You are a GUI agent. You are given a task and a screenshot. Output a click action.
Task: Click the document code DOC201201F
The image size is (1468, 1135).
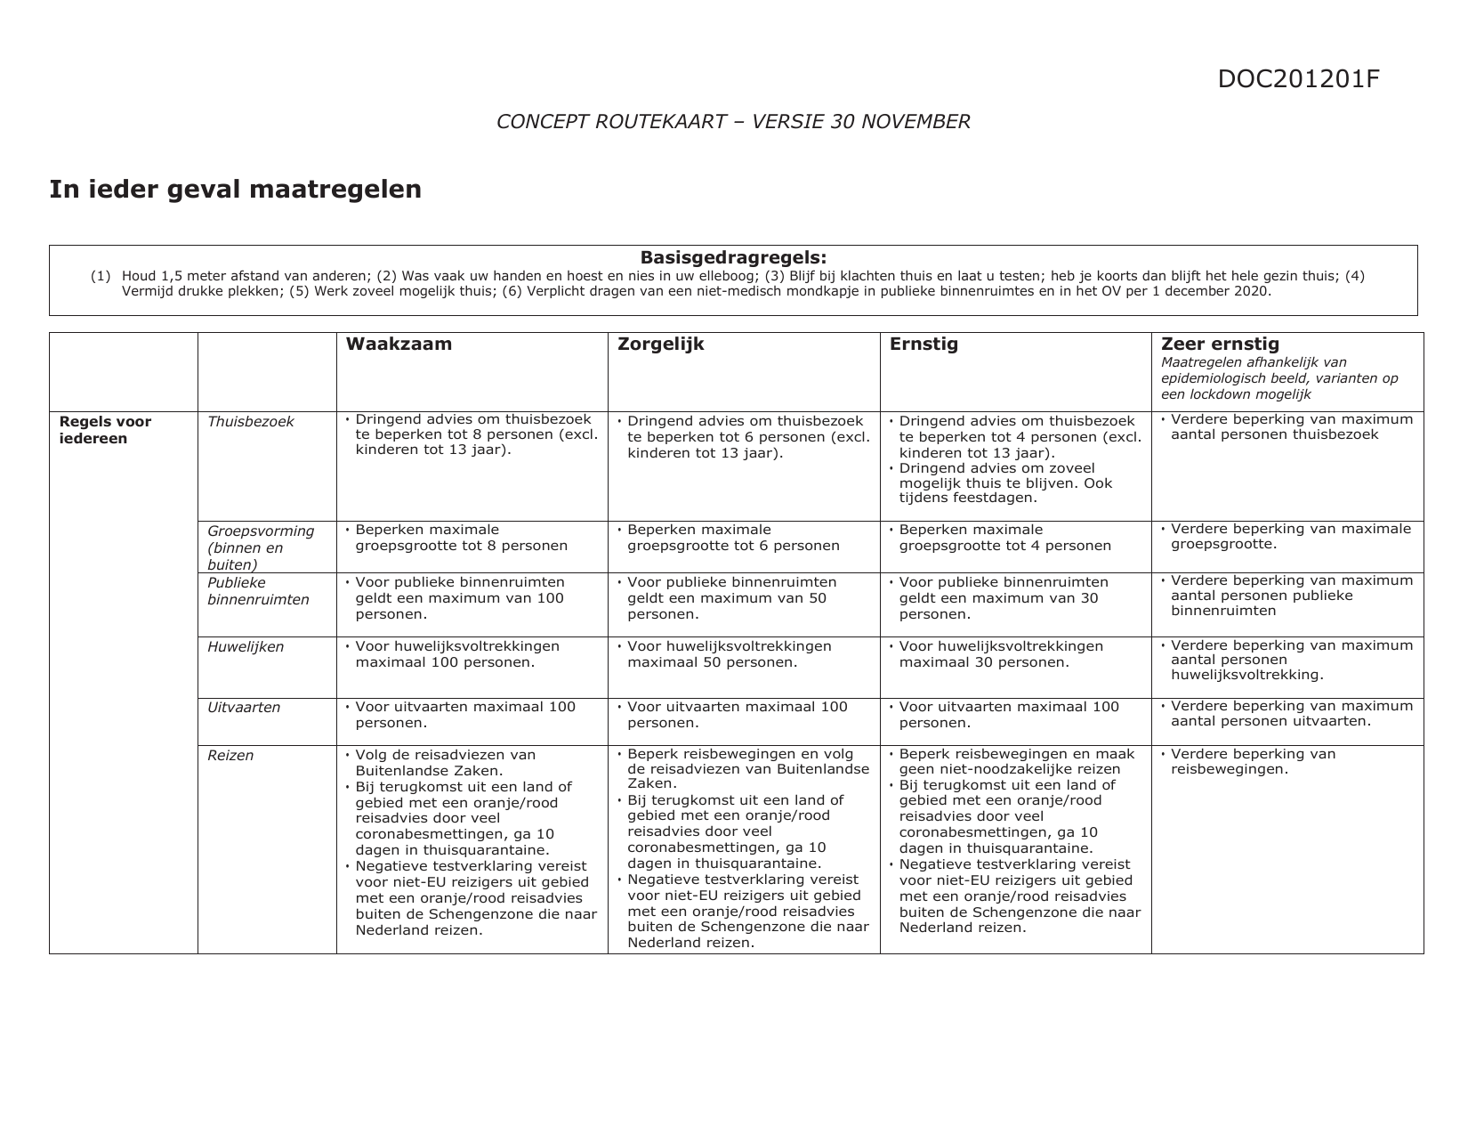(1298, 79)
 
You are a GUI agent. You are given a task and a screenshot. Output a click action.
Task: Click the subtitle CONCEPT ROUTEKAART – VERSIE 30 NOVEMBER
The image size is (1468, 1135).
(733, 122)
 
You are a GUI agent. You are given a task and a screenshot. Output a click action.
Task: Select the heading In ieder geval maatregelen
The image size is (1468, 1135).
(235, 190)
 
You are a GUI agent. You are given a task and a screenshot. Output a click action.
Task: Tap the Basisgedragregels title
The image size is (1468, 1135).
(733, 257)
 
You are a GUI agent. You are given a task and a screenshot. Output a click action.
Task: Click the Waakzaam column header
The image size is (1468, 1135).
(399, 345)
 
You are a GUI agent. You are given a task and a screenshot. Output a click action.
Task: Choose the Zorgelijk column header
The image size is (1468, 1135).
(660, 345)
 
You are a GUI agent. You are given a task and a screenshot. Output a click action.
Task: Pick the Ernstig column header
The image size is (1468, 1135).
(924, 345)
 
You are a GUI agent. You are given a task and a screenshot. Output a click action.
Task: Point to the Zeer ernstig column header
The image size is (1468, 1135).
(1220, 344)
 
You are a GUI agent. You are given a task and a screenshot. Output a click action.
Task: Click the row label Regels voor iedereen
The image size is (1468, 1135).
(105, 430)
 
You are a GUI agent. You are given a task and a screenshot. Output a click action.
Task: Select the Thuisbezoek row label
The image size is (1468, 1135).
(250, 422)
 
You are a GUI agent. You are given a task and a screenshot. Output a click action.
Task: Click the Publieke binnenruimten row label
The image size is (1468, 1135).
(258, 591)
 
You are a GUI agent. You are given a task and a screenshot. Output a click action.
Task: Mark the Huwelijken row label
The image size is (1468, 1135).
(246, 647)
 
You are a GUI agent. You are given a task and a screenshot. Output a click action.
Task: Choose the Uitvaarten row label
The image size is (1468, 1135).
(244, 708)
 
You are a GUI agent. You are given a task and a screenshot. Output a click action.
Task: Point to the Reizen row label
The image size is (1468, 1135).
(230, 756)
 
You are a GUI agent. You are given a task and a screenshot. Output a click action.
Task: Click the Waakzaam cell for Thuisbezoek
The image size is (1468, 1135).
(472, 435)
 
